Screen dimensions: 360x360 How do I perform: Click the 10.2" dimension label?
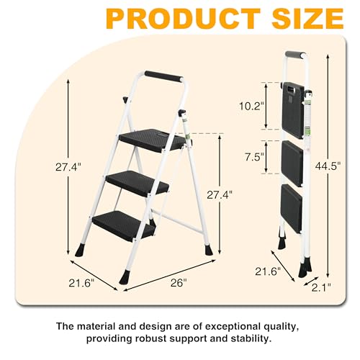[248, 105]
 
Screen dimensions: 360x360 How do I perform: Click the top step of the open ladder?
[152, 137]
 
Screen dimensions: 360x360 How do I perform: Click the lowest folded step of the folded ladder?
[291, 208]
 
